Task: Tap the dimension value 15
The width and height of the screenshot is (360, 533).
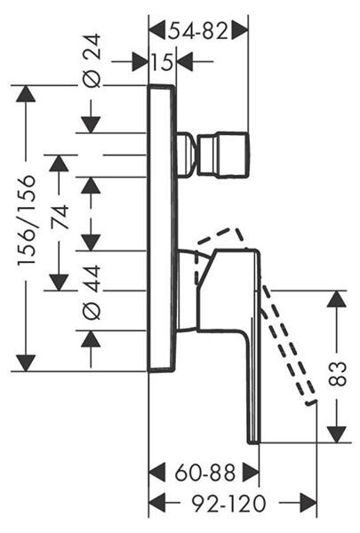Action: [x=162, y=62]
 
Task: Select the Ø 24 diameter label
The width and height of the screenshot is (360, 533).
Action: [x=92, y=60]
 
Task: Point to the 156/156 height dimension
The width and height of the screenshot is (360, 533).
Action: [x=27, y=220]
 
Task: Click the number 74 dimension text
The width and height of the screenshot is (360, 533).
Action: [x=60, y=218]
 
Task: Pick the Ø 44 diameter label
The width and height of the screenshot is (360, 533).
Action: [x=92, y=292]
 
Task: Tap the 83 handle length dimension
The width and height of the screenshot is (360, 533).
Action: [x=337, y=374]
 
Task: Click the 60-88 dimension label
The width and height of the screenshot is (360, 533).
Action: [x=205, y=473]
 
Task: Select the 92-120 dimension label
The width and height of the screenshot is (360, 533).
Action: [x=228, y=504]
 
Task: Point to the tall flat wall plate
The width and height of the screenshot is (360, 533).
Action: [x=163, y=227]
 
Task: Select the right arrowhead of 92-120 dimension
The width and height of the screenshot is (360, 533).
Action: [x=308, y=504]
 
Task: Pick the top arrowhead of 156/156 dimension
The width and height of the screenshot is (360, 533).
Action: [x=26, y=93]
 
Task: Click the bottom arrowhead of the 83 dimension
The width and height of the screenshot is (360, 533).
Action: [x=337, y=434]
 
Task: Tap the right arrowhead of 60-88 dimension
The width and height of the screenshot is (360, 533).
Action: [x=251, y=473]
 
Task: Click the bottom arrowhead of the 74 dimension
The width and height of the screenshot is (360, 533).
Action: [x=60, y=282]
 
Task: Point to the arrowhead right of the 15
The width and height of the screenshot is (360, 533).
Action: [x=185, y=62]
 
